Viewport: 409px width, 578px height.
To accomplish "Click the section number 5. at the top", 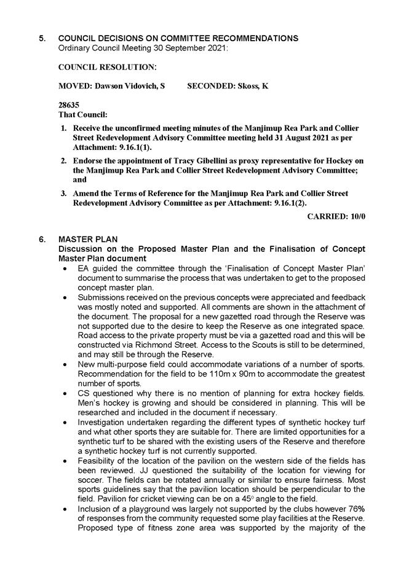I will pos(42,38).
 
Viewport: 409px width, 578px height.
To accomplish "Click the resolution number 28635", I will pos(68,105).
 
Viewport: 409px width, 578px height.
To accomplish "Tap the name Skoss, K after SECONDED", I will pos(253,86).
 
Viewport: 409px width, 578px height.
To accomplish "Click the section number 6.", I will pos(42,239).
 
